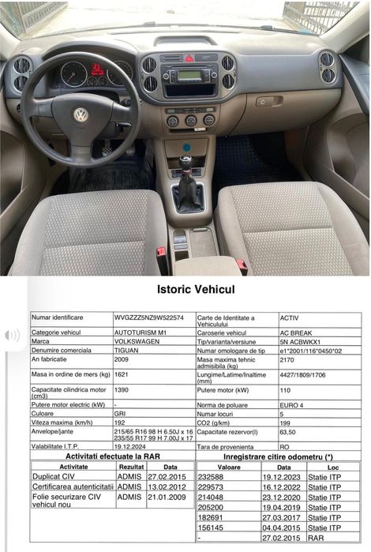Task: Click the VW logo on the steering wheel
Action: tap(81, 115)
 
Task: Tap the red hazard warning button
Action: tap(189, 58)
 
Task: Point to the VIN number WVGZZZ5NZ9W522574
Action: tap(149, 317)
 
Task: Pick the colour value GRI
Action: tap(121, 413)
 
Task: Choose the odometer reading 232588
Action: tap(211, 478)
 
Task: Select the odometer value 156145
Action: tap(211, 527)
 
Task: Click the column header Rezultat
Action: tap(130, 468)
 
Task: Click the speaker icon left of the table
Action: tap(13, 336)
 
